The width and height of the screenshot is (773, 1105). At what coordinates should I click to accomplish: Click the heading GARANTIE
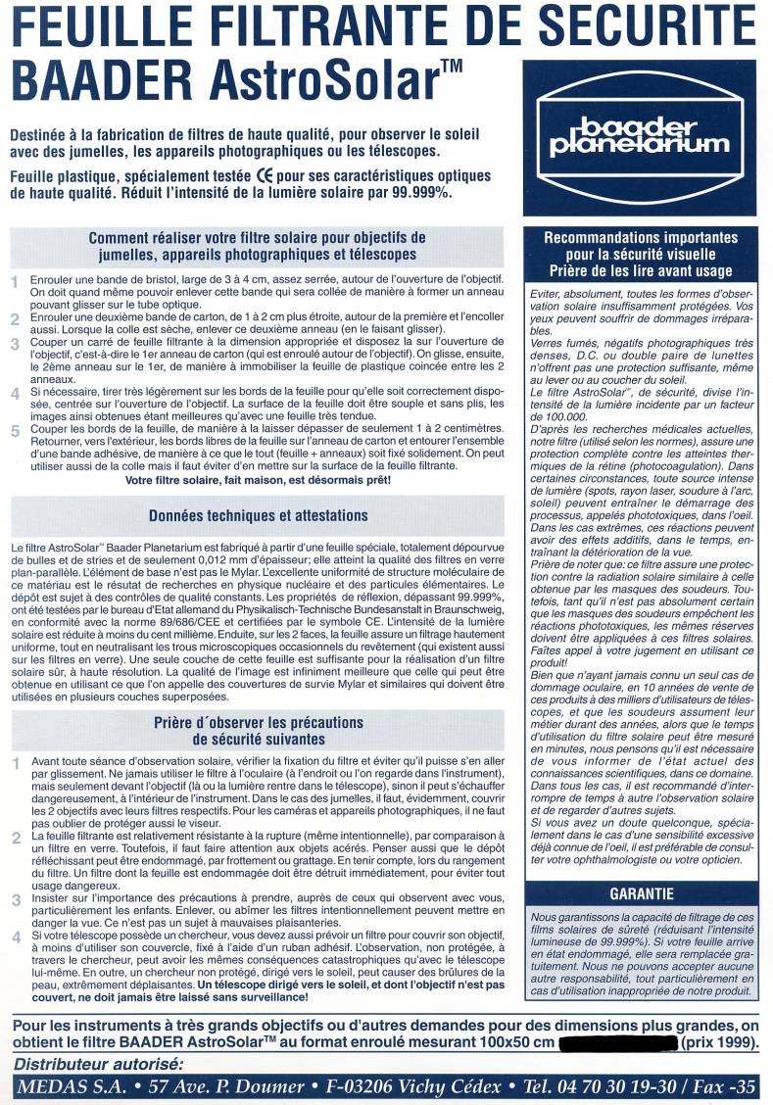point(641,893)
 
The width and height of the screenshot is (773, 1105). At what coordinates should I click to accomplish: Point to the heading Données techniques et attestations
point(257,516)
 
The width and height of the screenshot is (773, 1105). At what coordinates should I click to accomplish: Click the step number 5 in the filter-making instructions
point(15,431)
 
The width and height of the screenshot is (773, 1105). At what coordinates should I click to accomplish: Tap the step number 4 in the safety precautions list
point(15,937)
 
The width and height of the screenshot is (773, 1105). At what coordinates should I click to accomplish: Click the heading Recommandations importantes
point(641,237)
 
